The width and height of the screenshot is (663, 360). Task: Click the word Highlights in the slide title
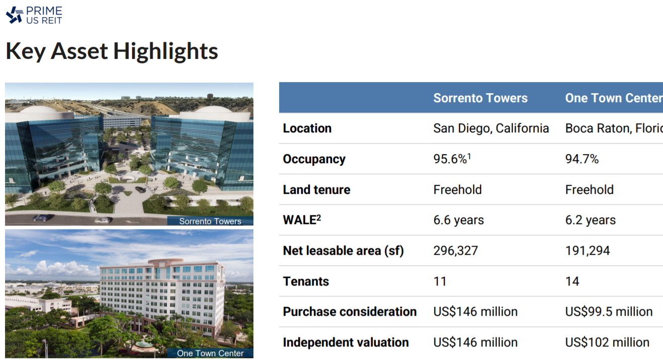(165, 51)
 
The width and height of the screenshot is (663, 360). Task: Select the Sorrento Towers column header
(481, 98)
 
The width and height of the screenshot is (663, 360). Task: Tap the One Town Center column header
(614, 98)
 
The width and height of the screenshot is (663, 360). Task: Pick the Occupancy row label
(314, 159)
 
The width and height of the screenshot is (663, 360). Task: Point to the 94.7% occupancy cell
(582, 159)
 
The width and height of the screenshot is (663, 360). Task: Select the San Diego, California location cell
(491, 128)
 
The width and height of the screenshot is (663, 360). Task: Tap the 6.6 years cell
(458, 220)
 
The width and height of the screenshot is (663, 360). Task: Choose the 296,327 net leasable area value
(455, 251)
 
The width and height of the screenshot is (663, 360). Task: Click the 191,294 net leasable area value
(587, 251)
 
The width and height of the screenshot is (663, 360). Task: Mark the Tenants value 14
(572, 281)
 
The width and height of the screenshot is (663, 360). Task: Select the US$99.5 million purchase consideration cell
(609, 312)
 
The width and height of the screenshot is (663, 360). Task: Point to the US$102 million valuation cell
(608, 342)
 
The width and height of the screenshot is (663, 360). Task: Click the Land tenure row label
(316, 190)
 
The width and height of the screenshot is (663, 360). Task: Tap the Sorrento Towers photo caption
(210, 221)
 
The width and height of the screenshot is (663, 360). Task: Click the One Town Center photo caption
(210, 353)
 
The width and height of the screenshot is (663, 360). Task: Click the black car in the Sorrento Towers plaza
(141, 189)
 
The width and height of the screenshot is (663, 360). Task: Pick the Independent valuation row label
(346, 342)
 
